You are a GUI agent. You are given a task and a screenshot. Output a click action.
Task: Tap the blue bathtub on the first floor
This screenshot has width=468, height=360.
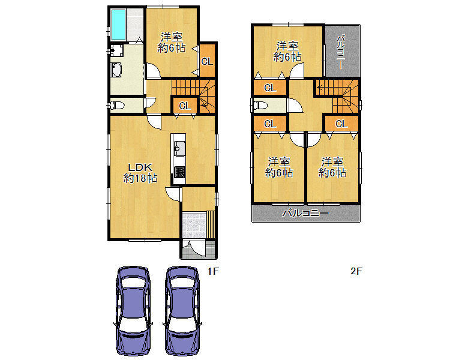click(118, 25)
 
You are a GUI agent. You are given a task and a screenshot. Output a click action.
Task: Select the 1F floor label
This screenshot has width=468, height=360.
click(213, 271)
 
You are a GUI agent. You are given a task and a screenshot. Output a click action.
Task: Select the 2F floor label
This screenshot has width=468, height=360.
click(356, 271)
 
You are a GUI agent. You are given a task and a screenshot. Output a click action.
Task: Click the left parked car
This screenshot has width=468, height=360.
click(133, 311)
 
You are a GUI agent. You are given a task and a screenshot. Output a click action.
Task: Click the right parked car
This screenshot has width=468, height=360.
click(182, 311)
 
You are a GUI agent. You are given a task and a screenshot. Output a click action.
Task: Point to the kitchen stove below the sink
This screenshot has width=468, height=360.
click(179, 173)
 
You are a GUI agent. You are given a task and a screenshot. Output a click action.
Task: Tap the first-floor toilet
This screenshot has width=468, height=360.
click(117, 105)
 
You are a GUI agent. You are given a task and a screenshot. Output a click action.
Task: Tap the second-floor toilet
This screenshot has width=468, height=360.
click(260, 105)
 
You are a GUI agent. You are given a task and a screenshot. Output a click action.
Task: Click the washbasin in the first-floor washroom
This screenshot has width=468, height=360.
click(116, 70)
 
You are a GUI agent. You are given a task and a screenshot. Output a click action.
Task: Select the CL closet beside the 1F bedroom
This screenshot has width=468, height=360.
click(207, 61)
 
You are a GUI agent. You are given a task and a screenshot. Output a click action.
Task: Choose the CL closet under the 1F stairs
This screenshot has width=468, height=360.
click(185, 106)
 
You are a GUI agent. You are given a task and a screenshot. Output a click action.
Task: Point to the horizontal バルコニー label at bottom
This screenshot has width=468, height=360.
click(306, 213)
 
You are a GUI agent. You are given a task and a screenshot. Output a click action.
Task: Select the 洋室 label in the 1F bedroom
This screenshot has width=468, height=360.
click(172, 37)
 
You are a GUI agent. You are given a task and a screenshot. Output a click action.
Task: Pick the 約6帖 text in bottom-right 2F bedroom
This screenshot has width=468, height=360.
click(332, 173)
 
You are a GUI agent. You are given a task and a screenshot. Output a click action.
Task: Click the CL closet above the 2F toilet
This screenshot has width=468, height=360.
click(270, 88)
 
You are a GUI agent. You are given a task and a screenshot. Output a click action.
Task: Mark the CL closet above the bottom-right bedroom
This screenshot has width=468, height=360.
click(341, 123)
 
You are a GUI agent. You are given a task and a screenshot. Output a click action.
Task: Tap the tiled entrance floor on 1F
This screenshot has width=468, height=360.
click(194, 225)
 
